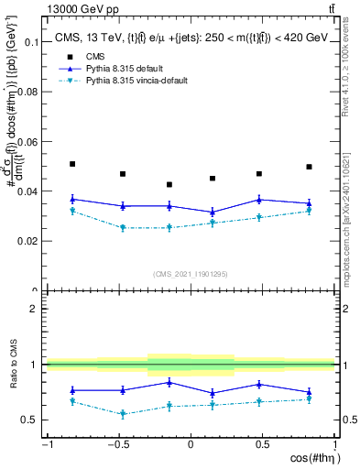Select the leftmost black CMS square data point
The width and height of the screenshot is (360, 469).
(x=72, y=164)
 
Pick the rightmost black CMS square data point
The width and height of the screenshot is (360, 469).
(x=310, y=167)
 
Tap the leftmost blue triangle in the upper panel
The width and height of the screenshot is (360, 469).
(x=72, y=199)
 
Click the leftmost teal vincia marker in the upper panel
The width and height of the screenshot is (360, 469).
(x=72, y=212)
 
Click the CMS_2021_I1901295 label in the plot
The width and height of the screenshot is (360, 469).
(x=190, y=274)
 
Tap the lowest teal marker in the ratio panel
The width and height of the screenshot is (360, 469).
(x=123, y=414)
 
